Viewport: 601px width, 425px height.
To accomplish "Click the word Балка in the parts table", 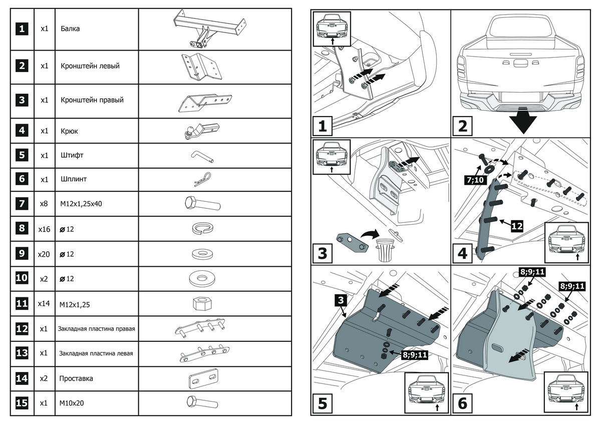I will coord(70,29).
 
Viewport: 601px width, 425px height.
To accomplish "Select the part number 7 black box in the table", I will coord(22,204).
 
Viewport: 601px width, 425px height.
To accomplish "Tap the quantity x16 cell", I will coord(45,229).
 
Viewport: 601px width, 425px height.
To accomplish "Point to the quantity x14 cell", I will coord(45,303).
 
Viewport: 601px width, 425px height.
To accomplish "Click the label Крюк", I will coord(69,131).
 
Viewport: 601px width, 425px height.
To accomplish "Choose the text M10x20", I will coord(71,402).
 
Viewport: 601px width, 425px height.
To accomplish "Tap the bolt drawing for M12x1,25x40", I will coord(203,204).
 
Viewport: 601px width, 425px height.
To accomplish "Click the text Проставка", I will coord(76,378).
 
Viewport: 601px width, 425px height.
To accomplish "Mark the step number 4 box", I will coord(462,253).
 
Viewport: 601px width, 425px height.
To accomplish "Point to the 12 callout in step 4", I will coord(516,227).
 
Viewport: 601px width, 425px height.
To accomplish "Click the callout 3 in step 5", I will coord(340,300).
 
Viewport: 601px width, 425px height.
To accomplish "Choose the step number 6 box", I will coord(462,403).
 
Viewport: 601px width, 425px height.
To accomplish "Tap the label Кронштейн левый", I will coord(90,66).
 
